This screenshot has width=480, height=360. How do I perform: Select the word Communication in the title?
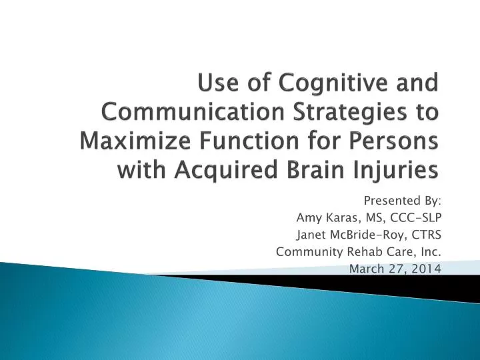pyautogui.click(x=185, y=114)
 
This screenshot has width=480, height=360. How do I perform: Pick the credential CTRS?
pyautogui.click(x=425, y=234)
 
